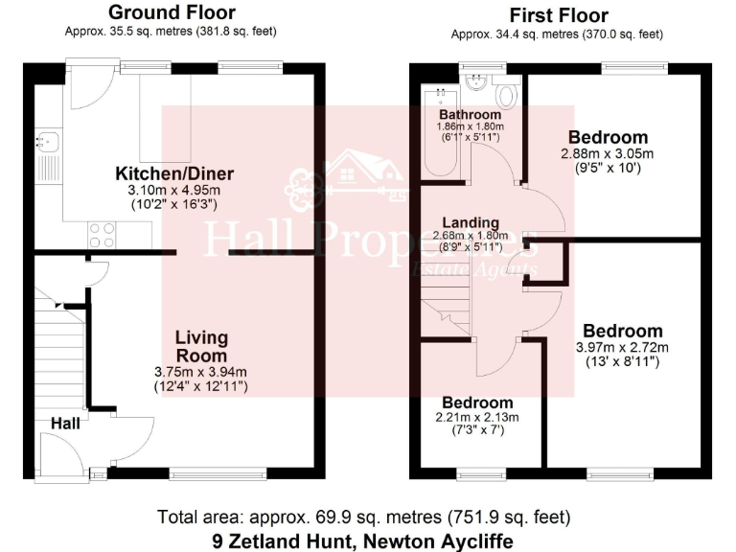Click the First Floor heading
[559, 14]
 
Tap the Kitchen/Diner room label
[174, 173]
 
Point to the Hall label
[66, 422]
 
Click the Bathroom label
[471, 113]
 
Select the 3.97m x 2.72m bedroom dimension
[621, 347]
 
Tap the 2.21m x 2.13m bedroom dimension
[477, 417]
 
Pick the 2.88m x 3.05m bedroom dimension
[608, 153]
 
